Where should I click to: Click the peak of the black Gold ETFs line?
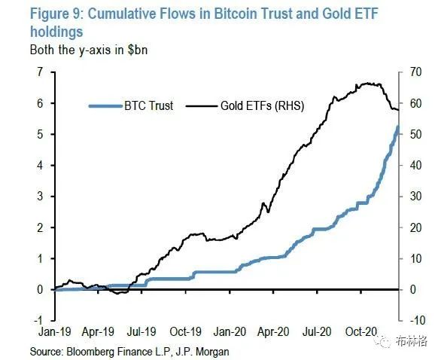click(x=366, y=83)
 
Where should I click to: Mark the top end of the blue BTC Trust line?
click(x=397, y=127)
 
